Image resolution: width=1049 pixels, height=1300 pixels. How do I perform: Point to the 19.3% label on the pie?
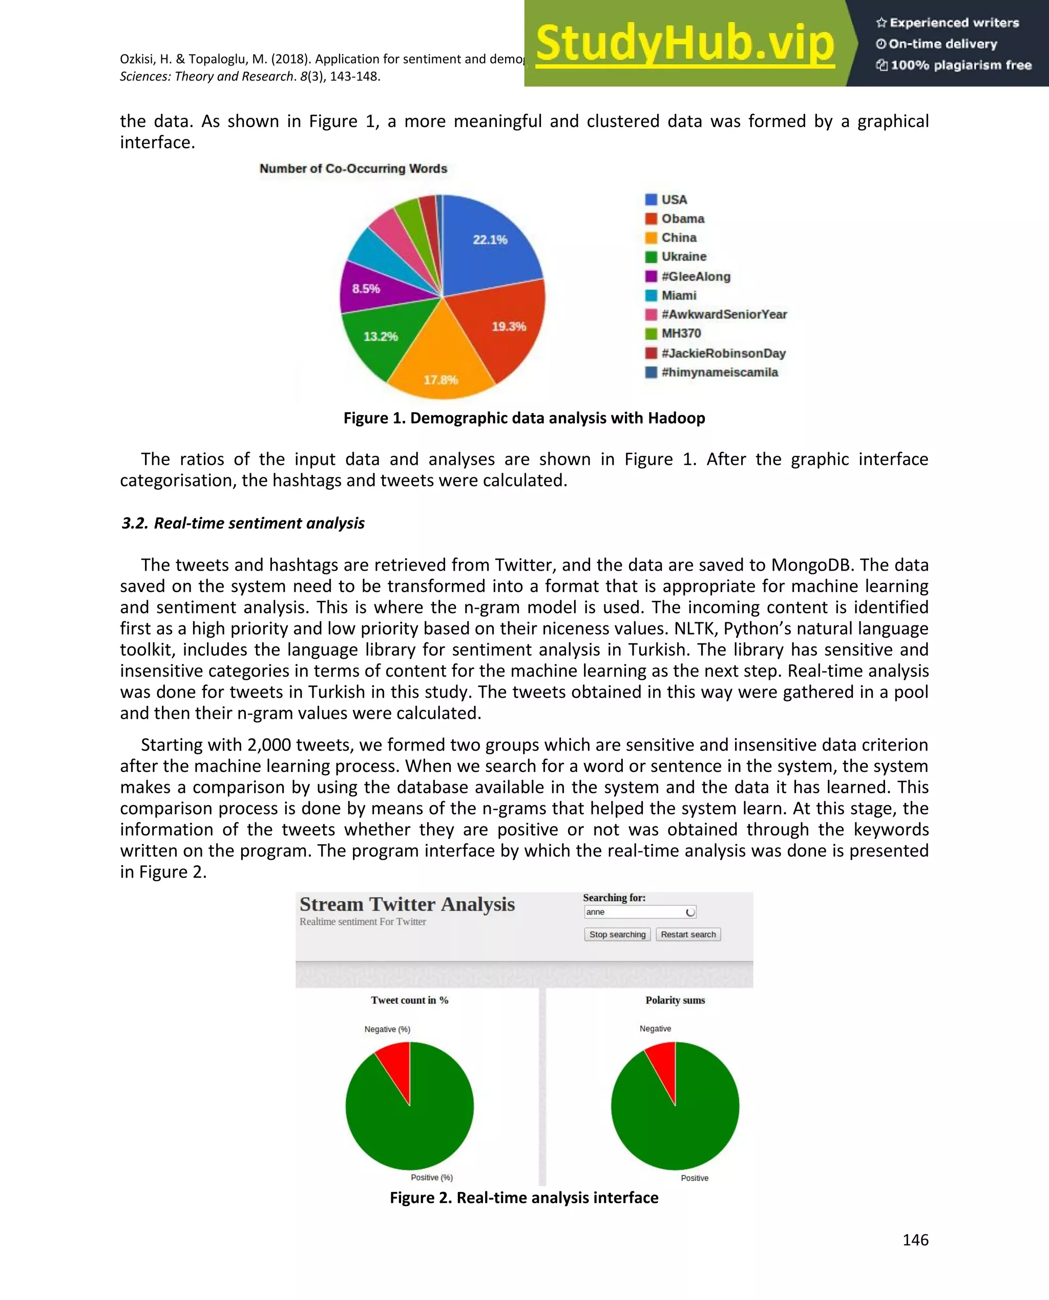508,327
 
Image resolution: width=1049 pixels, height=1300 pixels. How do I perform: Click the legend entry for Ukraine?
683,257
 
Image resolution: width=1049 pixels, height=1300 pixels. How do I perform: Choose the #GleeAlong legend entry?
695,276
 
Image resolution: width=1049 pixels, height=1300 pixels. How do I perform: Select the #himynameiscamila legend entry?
719,372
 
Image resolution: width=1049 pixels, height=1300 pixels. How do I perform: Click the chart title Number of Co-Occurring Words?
353,169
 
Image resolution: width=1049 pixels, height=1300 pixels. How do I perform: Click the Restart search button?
688,934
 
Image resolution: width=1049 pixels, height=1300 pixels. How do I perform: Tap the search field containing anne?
635,912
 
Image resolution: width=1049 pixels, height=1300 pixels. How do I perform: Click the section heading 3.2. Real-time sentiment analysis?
243,523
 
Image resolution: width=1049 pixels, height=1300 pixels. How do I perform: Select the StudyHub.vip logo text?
685,44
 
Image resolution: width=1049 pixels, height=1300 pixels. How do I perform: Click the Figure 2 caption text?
524,1197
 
